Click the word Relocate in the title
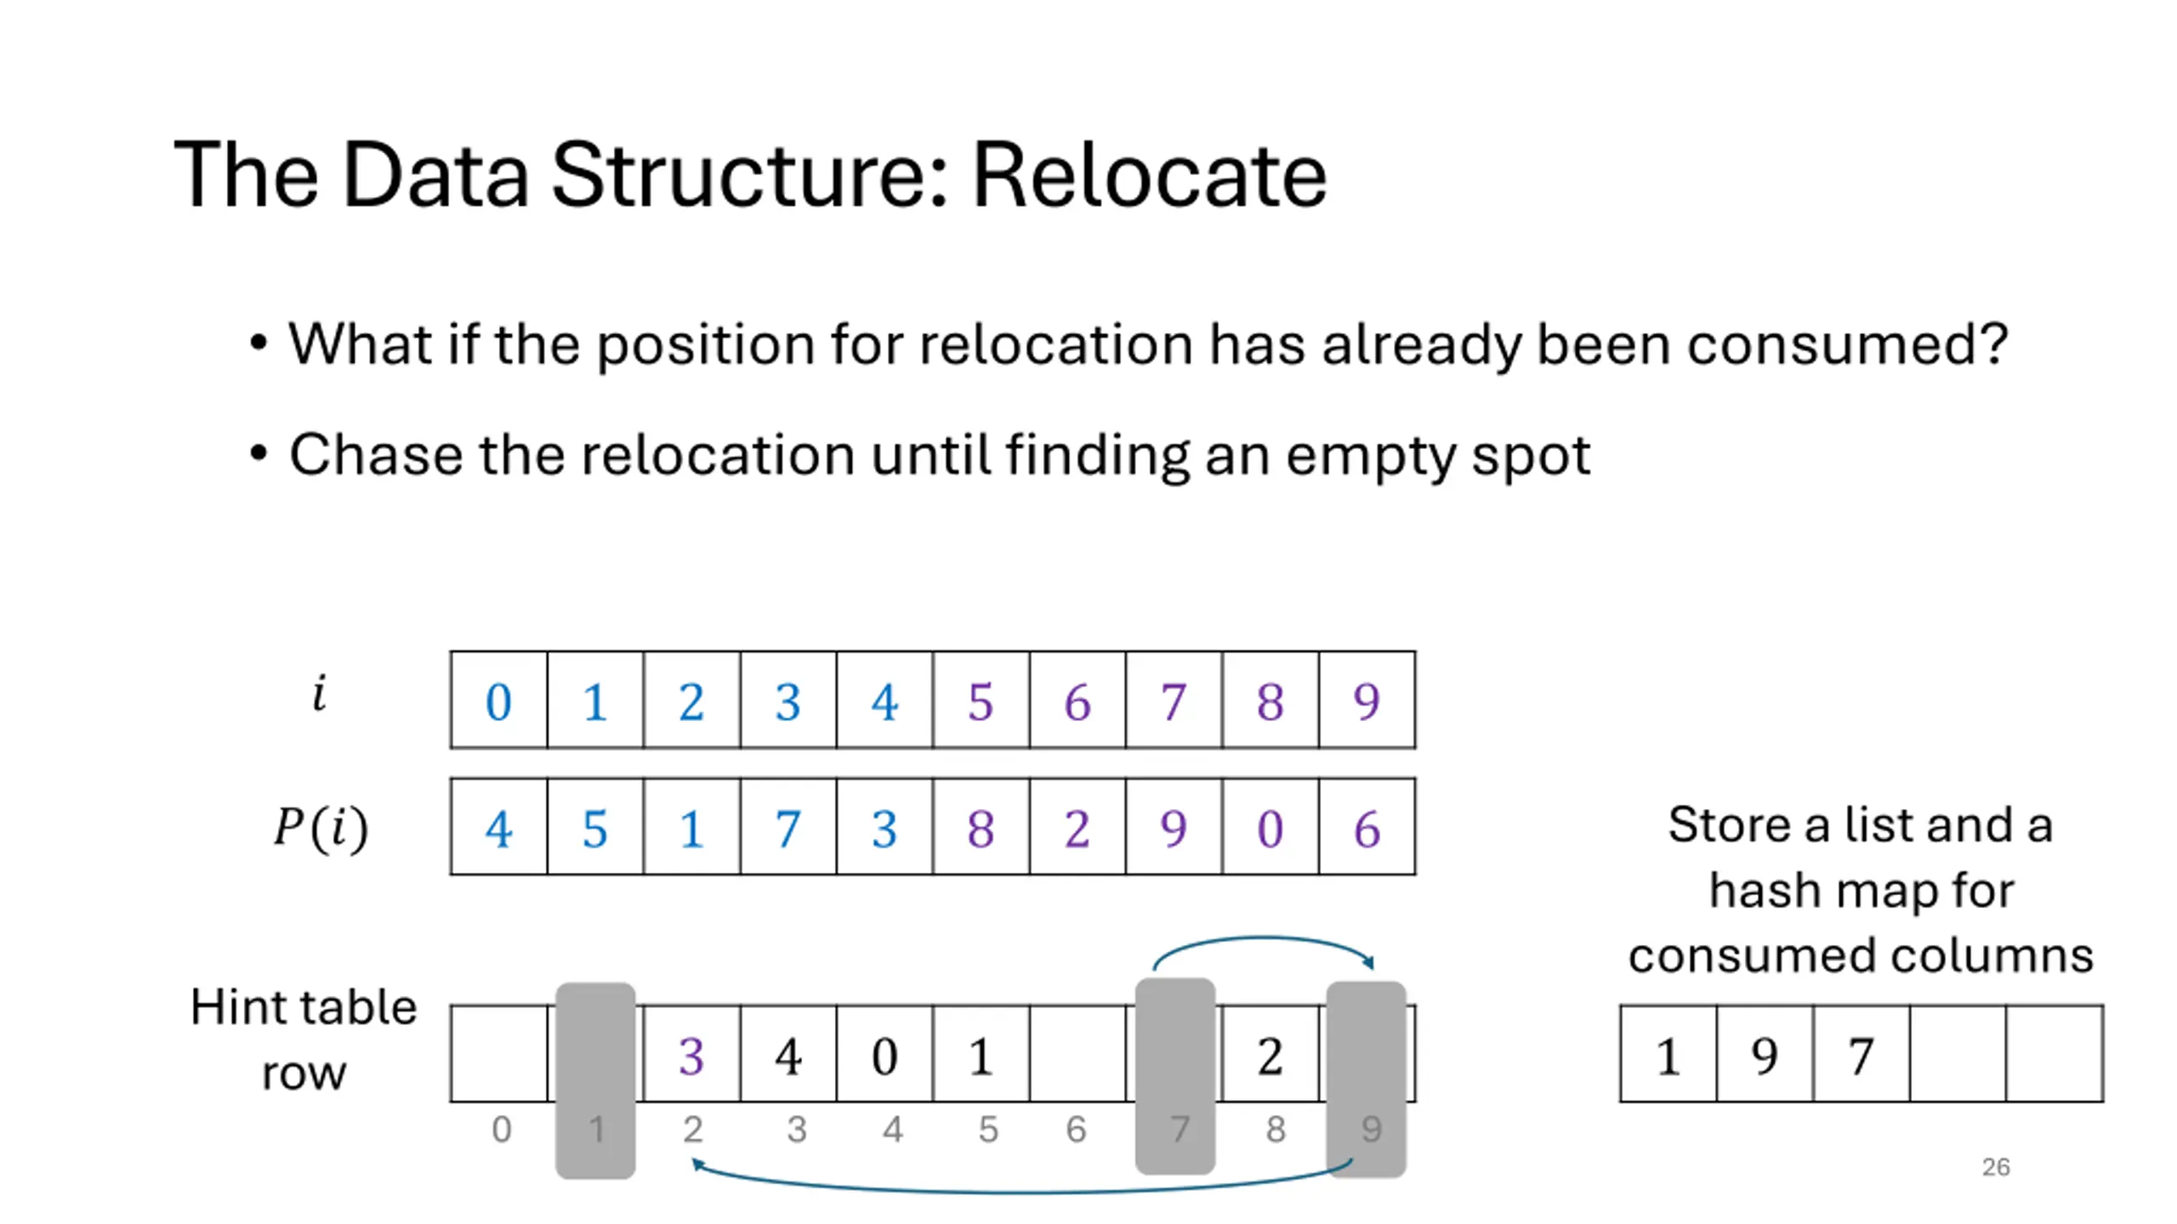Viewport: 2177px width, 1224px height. point(1149,175)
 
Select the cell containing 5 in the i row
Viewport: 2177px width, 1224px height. point(981,700)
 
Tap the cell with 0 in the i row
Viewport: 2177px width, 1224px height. point(498,700)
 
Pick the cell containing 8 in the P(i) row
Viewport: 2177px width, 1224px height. point(981,826)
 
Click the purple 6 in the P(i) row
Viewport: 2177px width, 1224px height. point(1367,829)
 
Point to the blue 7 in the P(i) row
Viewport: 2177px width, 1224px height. point(787,829)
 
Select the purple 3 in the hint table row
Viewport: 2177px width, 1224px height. point(691,1057)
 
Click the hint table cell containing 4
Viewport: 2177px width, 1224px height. point(787,1054)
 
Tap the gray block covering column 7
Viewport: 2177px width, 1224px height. point(1175,1076)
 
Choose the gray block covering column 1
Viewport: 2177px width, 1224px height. point(595,1080)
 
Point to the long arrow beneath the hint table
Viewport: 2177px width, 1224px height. point(1020,1192)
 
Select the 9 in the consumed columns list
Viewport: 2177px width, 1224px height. point(1765,1057)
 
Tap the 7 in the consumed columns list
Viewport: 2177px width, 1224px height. point(1861,1057)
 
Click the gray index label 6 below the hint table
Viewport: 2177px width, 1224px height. point(1076,1130)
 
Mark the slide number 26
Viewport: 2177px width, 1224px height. point(1996,1167)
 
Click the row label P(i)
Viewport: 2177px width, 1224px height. point(321,827)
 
